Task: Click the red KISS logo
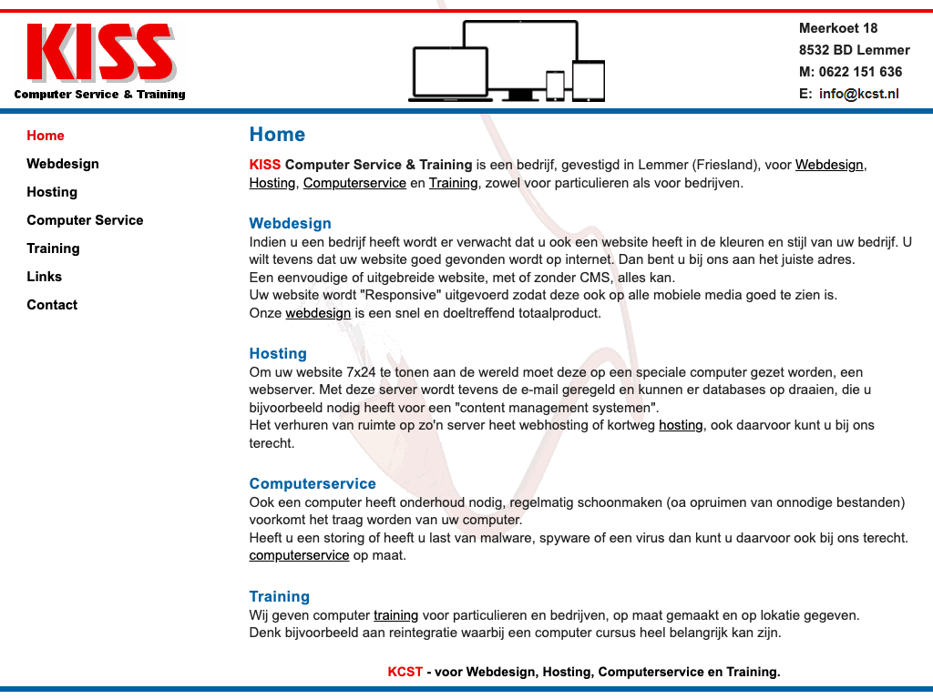pyautogui.click(x=100, y=53)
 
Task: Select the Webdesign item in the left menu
pyautogui.click(x=63, y=164)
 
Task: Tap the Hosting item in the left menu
pyautogui.click(x=52, y=192)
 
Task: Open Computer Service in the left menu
pyautogui.click(x=85, y=220)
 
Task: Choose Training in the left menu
pyautogui.click(x=53, y=248)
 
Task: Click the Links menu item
pyautogui.click(x=45, y=277)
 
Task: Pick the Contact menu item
pyautogui.click(x=52, y=305)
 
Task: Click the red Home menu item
pyautogui.click(x=46, y=136)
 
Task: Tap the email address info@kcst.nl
pyautogui.click(x=858, y=94)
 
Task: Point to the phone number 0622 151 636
pyautogui.click(x=860, y=72)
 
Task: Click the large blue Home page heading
pyautogui.click(x=277, y=135)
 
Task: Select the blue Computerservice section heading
pyautogui.click(x=313, y=484)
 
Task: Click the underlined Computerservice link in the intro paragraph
pyautogui.click(x=354, y=183)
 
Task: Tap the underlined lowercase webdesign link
pyautogui.click(x=318, y=313)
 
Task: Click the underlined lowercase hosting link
pyautogui.click(x=681, y=425)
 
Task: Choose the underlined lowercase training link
pyautogui.click(x=395, y=615)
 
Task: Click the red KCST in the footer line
pyautogui.click(x=405, y=673)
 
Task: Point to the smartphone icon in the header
pyautogui.click(x=555, y=85)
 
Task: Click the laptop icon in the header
pyautogui.click(x=450, y=74)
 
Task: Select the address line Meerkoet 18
pyautogui.click(x=838, y=28)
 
